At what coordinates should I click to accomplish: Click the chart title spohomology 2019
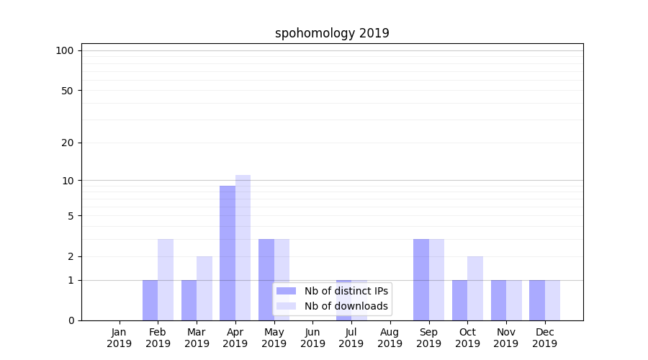(x=332, y=33)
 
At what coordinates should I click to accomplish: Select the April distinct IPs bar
(x=228, y=253)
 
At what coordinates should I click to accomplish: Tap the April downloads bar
(x=243, y=248)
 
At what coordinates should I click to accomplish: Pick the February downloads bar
(x=166, y=279)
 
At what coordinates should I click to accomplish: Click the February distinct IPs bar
(x=150, y=300)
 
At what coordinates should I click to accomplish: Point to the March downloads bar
(x=204, y=288)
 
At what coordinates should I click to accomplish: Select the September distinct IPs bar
(x=421, y=279)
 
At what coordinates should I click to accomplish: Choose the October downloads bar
(x=475, y=288)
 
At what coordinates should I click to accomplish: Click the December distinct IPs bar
(x=537, y=300)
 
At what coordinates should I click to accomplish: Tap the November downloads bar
(x=514, y=300)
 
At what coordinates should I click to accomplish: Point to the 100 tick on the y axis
(x=65, y=50)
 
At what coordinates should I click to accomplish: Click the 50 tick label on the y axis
(x=67, y=91)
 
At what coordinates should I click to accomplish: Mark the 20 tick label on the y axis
(x=67, y=143)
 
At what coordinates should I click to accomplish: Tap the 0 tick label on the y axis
(x=71, y=320)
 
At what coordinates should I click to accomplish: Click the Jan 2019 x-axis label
(x=120, y=338)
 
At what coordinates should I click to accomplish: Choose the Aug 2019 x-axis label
(x=390, y=338)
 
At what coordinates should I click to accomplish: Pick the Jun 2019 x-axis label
(x=312, y=338)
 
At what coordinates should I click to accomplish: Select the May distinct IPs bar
(x=266, y=279)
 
